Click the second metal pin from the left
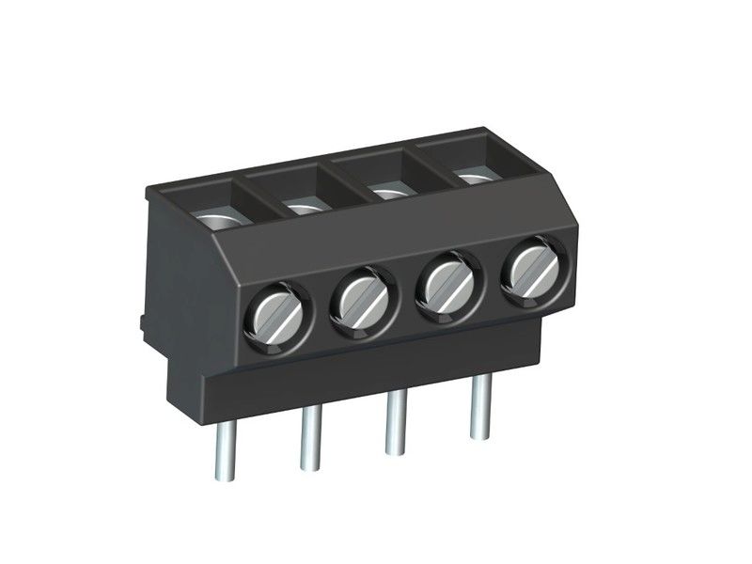coord(309,440)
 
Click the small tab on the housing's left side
coord(142,323)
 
